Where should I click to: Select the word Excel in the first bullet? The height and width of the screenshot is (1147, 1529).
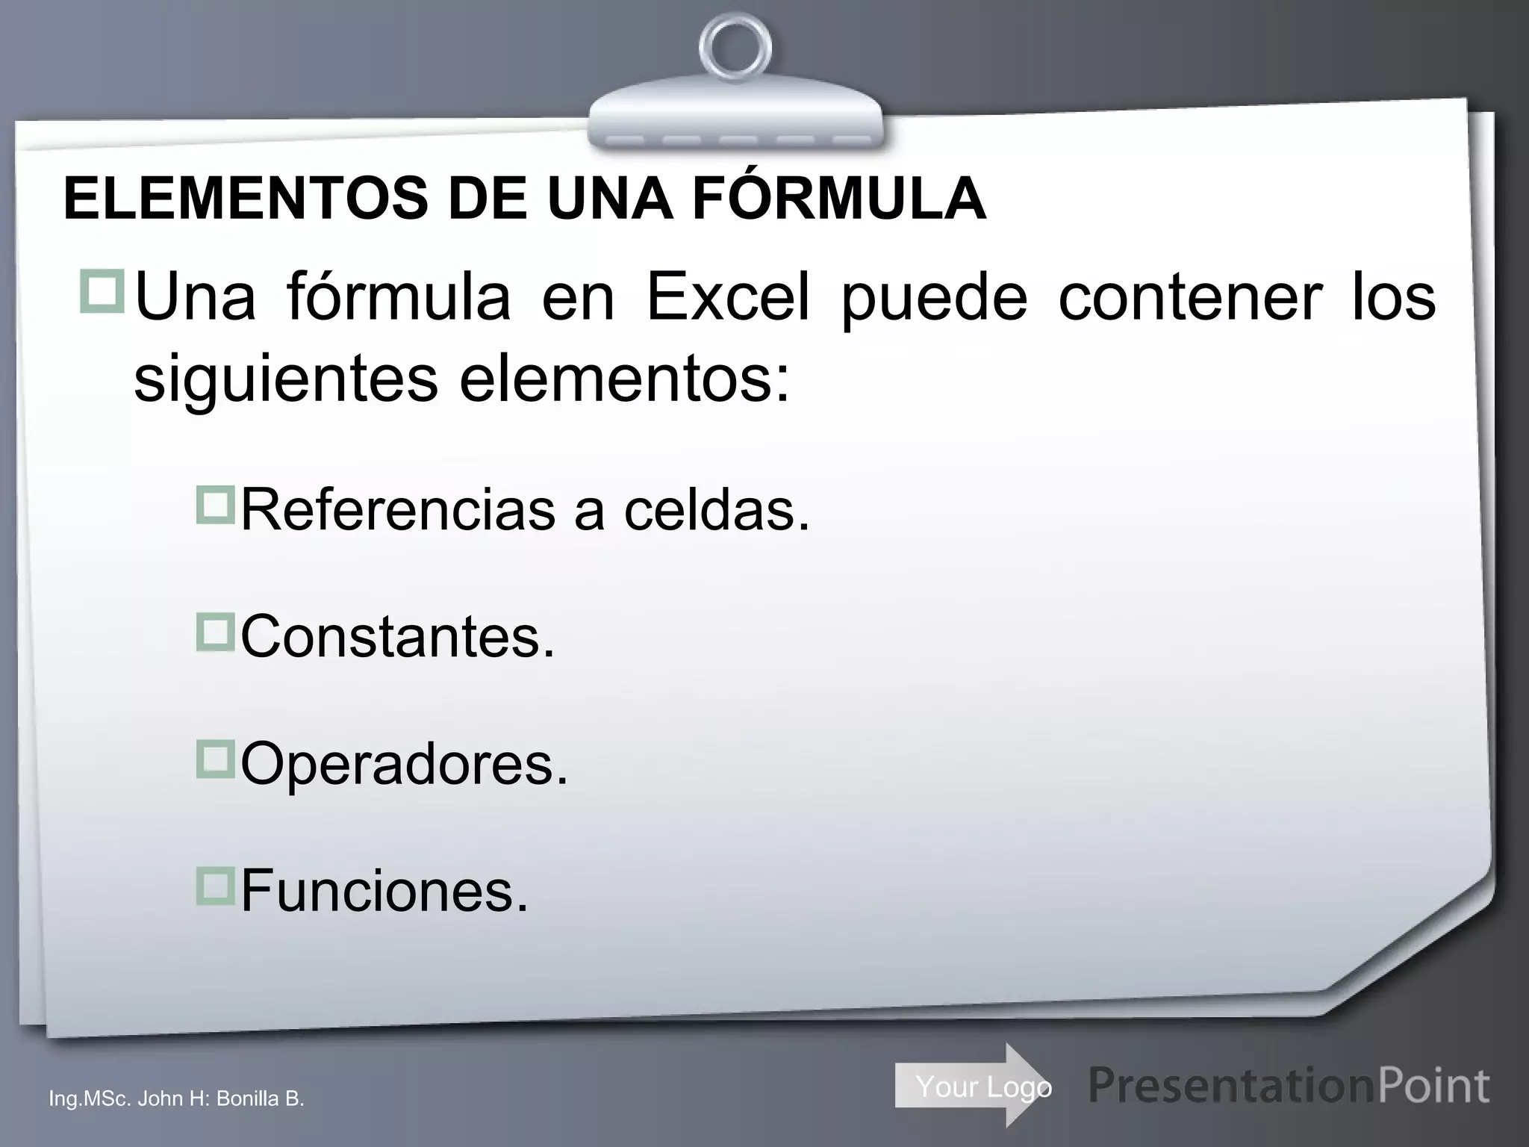tap(728, 297)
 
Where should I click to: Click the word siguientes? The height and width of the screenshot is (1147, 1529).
tap(285, 380)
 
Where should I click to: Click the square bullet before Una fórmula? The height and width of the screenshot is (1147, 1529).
tap(102, 292)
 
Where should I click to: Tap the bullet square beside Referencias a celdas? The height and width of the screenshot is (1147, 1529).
tap(215, 505)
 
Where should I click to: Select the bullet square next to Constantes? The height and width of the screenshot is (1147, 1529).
tap(215, 632)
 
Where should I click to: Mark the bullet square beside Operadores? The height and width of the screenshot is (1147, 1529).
tap(215, 759)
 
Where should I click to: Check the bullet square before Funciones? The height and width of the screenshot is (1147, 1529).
tap(215, 886)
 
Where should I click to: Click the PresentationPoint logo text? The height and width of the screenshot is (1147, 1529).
tap(1289, 1086)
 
